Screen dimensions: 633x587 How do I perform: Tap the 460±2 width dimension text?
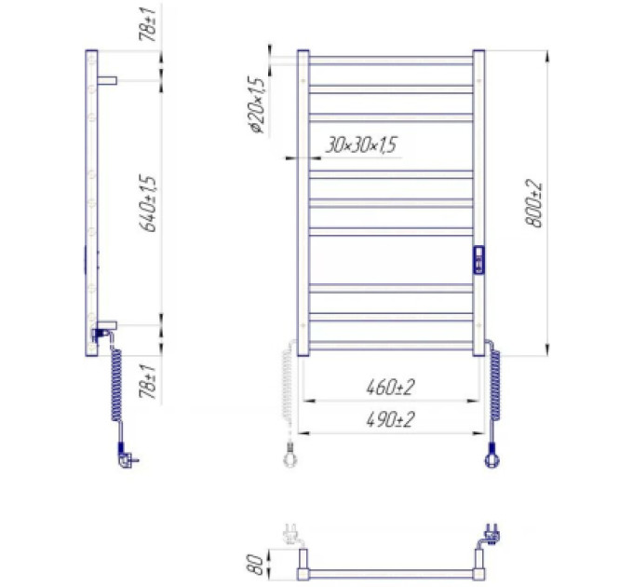[390, 388]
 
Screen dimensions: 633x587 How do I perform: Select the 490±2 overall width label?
[390, 419]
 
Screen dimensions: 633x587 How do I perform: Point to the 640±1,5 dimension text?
[147, 203]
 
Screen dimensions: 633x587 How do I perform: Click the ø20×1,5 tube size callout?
[257, 105]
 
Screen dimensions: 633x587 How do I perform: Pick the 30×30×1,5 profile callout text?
[361, 145]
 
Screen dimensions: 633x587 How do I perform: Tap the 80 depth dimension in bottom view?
[255, 564]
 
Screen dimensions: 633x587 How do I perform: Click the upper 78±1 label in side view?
[147, 24]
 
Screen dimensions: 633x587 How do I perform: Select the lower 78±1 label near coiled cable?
[147, 381]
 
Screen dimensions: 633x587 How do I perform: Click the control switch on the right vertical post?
[478, 260]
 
